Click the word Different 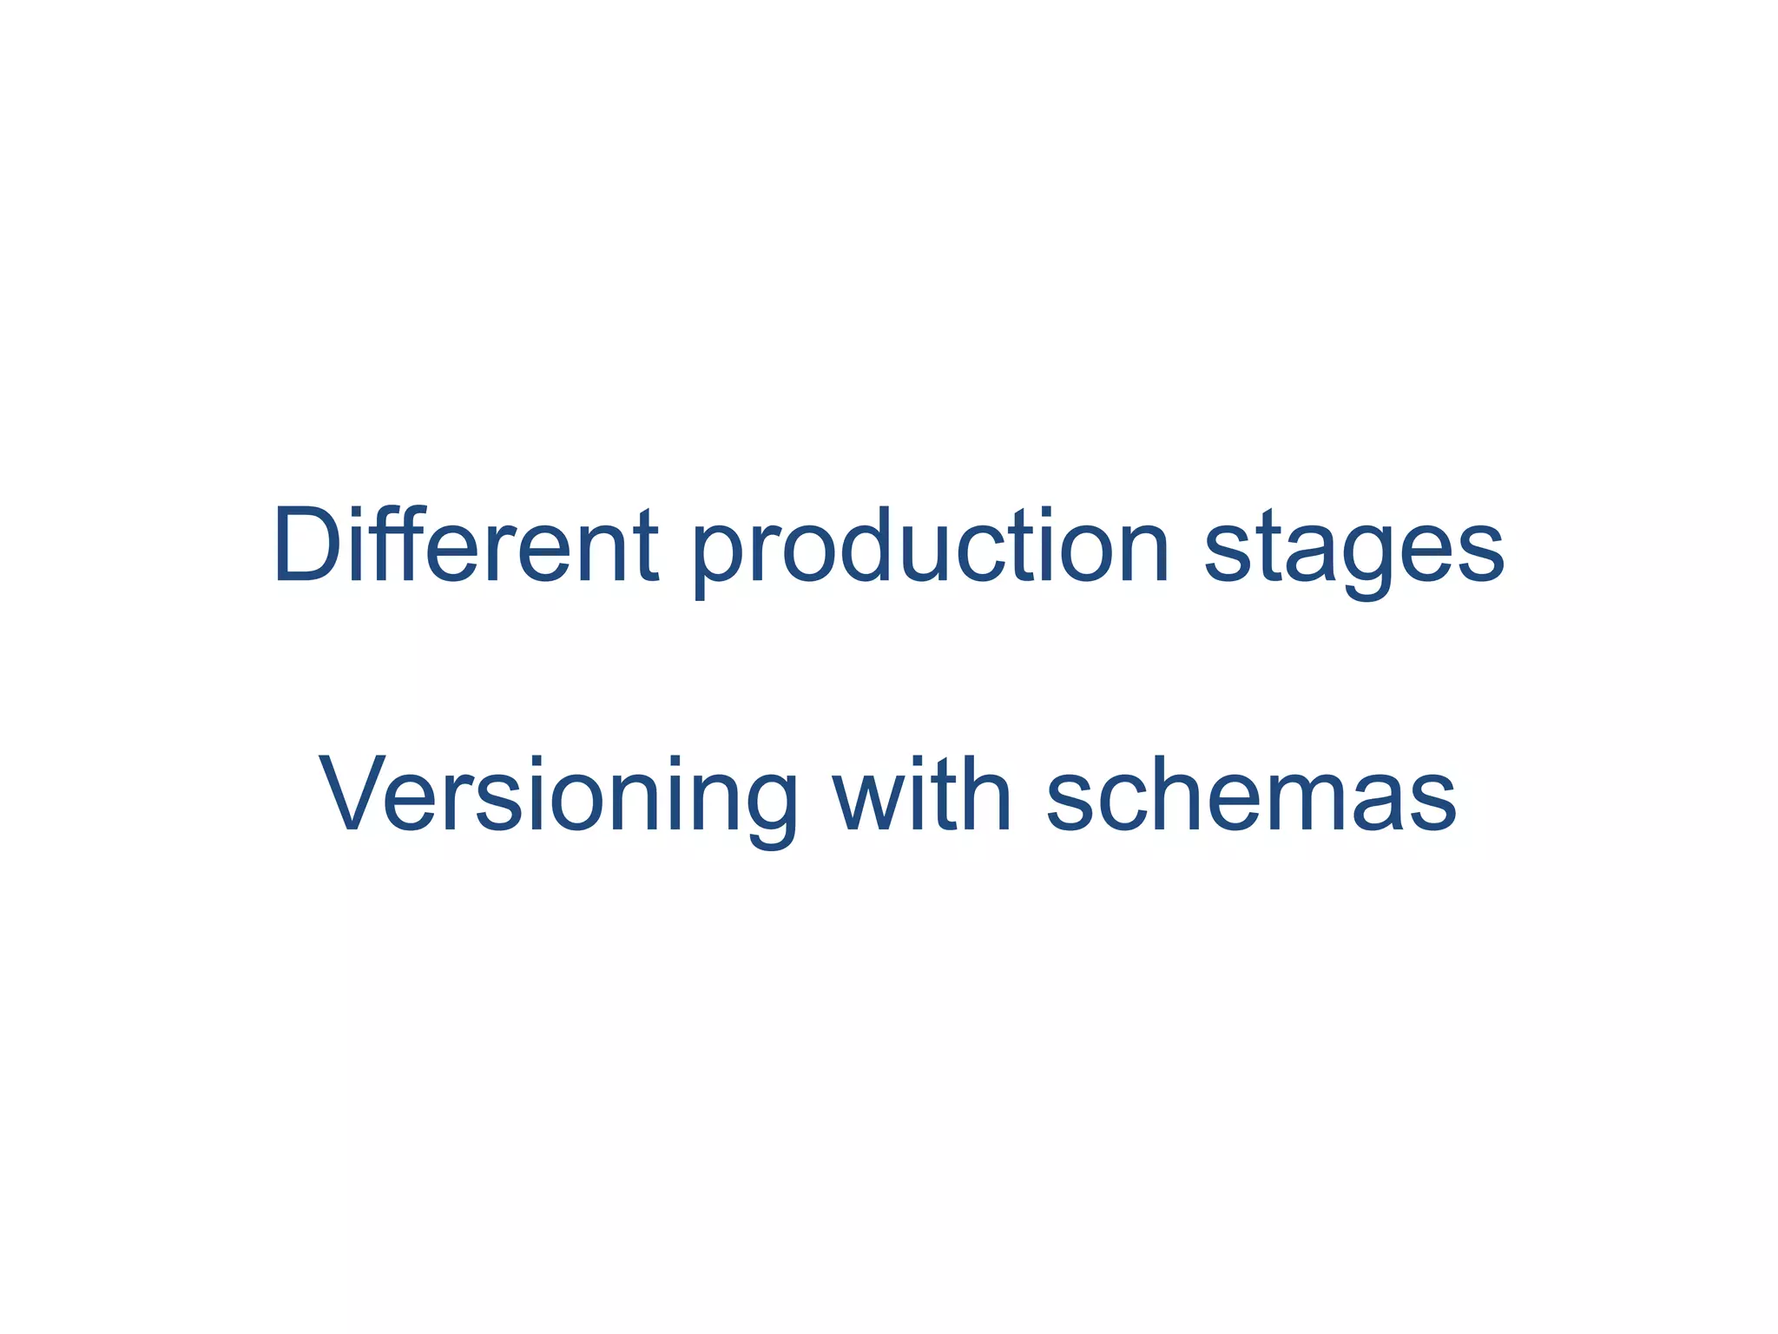(465, 545)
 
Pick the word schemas (1251, 792)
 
